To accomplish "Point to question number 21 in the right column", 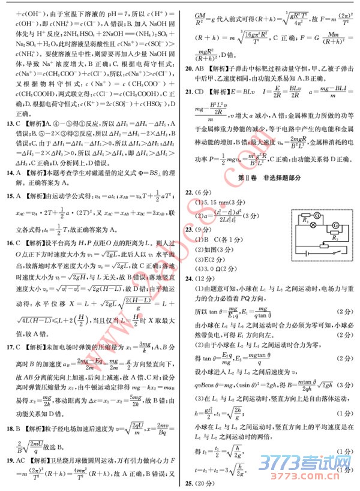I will tap(189, 91).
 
